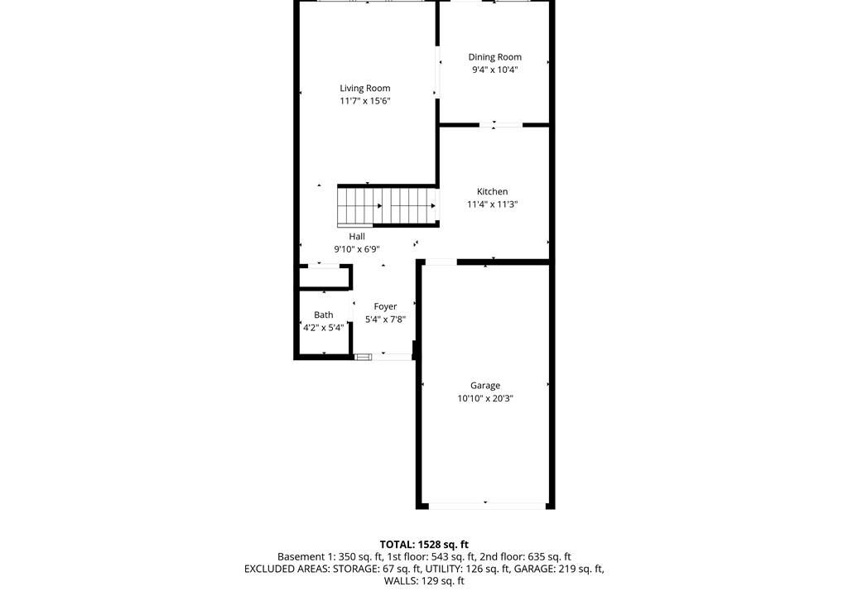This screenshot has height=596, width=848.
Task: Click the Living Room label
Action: [365, 88]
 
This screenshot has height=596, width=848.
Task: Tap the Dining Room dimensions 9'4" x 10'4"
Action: [495, 70]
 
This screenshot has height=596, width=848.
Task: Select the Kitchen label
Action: [492, 191]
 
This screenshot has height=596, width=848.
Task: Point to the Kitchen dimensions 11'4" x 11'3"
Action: [493, 204]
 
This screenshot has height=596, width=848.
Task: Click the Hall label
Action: [357, 237]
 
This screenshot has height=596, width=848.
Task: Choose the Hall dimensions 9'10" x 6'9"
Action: [357, 249]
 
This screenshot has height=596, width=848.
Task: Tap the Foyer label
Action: [386, 306]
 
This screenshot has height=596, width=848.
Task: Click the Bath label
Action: [324, 315]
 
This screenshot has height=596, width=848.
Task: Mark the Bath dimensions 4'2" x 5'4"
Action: [324, 328]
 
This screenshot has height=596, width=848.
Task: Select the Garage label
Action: [485, 386]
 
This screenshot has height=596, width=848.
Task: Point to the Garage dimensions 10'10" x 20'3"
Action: [485, 399]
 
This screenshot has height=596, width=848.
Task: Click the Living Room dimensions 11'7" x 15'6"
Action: [365, 101]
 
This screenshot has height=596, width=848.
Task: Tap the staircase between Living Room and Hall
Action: [388, 205]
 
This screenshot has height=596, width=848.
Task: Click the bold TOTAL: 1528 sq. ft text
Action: [424, 545]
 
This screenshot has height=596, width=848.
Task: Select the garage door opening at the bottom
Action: [485, 507]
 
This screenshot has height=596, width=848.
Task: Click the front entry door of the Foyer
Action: [383, 357]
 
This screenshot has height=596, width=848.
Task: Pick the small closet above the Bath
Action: [324, 277]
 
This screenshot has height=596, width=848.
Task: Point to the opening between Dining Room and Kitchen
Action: [501, 126]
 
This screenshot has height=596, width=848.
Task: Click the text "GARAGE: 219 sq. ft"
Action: [559, 569]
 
